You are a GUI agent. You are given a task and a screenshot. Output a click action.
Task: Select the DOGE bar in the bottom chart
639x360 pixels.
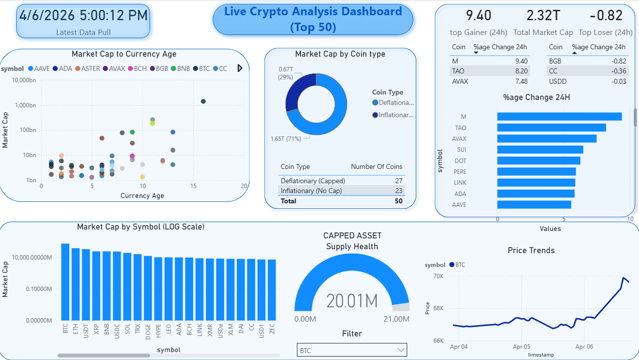[148, 288]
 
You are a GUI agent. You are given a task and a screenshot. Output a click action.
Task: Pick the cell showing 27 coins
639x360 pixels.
[399, 181]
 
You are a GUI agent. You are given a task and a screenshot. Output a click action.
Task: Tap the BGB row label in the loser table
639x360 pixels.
[555, 61]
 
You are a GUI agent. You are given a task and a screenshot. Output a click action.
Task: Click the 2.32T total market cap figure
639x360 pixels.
[543, 16]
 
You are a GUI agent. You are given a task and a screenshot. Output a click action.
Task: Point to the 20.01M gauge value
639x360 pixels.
[351, 301]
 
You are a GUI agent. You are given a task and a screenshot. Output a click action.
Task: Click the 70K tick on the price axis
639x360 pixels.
[438, 276]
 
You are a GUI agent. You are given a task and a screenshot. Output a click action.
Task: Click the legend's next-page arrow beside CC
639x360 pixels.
[240, 68]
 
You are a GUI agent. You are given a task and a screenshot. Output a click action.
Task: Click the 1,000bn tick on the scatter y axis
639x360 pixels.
[25, 105]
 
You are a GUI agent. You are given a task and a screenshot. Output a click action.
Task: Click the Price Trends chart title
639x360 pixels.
[531, 250]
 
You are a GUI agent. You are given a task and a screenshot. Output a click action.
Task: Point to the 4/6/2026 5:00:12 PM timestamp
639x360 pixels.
[83, 15]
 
